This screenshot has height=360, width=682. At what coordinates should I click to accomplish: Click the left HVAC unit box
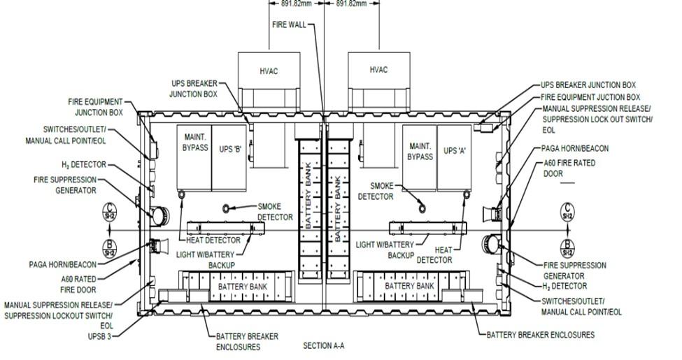269,81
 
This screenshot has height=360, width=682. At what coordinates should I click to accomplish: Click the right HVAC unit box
379,81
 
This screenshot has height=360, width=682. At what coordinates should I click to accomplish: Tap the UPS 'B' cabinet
229,158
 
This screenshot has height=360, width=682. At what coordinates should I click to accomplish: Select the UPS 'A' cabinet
455,158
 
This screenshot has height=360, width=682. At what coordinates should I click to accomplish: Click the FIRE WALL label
290,24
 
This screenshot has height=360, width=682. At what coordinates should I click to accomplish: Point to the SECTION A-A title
324,345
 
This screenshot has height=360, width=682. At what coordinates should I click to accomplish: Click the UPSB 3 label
99,336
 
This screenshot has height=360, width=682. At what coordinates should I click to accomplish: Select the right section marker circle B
567,249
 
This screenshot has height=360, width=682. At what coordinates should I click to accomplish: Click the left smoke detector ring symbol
226,209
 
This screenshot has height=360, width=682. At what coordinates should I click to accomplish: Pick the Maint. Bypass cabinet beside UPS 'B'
194,158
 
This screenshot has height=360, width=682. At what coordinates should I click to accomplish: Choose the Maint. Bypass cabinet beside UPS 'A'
420,158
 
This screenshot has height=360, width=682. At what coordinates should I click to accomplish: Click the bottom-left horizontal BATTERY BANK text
243,287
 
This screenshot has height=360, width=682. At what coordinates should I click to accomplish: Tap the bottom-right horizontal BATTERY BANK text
409,286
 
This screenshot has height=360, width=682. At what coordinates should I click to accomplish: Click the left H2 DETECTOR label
84,165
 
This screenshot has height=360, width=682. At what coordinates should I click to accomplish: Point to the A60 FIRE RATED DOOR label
569,168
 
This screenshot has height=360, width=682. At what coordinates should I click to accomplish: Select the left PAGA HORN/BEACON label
63,264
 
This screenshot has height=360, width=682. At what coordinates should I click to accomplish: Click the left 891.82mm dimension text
297,3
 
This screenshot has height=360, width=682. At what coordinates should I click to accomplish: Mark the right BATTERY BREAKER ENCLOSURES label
540,335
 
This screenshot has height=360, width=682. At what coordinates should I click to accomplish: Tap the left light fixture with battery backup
226,227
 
